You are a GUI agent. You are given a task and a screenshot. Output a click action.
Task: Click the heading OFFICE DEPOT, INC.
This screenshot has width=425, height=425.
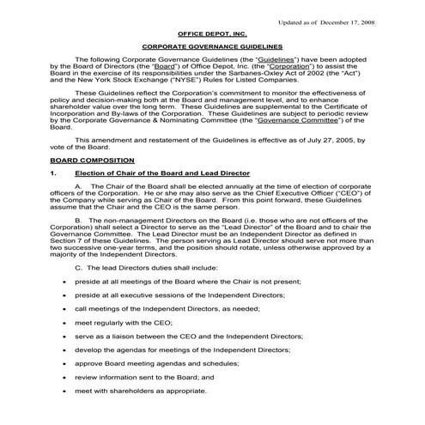coord(212,33)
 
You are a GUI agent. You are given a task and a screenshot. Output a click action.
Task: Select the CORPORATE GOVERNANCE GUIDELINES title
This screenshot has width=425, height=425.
coord(212,48)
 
